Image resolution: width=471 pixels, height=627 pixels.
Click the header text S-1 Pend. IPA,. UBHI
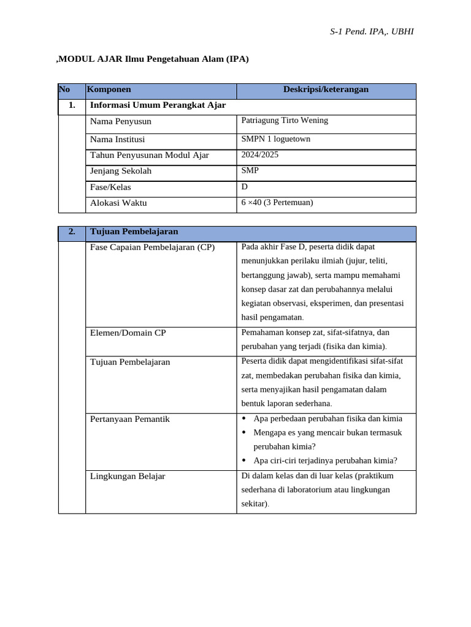click(x=372, y=31)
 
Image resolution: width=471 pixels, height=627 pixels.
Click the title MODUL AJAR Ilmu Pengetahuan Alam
click(x=153, y=59)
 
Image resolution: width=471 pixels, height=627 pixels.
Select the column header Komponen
click(x=109, y=89)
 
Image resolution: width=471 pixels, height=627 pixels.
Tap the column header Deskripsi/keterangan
click(x=326, y=89)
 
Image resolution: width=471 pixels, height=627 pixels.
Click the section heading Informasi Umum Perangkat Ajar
click(x=158, y=105)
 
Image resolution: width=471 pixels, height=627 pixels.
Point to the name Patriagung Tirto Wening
click(x=285, y=121)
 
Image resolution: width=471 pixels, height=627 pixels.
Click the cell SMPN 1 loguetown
click(x=276, y=139)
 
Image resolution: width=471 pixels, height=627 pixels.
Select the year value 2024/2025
click(x=260, y=155)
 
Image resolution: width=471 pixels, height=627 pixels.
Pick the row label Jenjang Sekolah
click(x=121, y=171)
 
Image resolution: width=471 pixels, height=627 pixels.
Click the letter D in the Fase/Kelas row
click(x=245, y=186)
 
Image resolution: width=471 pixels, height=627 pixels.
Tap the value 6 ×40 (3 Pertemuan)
click(x=277, y=202)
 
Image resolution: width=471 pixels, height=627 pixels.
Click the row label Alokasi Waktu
click(x=118, y=203)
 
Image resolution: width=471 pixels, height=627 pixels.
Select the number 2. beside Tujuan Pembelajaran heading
click(x=72, y=231)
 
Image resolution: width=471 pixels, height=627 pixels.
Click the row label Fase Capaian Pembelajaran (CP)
click(x=153, y=247)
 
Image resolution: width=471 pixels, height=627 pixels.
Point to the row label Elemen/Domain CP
click(x=128, y=332)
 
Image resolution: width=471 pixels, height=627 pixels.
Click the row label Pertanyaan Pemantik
click(x=130, y=419)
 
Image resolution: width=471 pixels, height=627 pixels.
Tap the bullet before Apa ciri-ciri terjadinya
click(x=244, y=460)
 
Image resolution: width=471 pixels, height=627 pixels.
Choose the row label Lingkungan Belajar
click(x=128, y=476)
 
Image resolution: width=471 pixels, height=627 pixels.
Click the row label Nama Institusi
click(x=118, y=139)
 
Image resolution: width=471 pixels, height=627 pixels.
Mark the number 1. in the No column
click(x=72, y=105)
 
